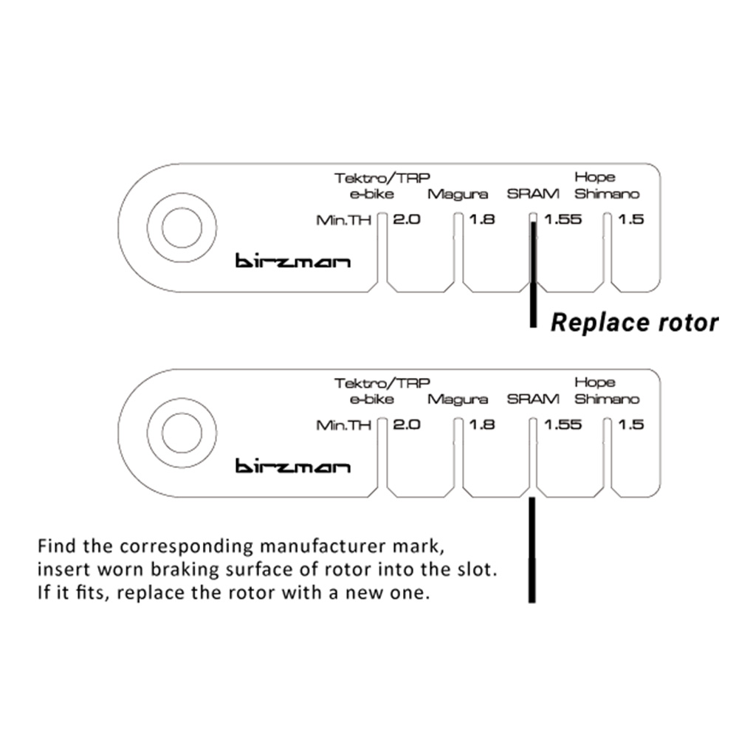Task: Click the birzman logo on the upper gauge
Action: coord(293,261)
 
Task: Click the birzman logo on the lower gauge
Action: coord(293,467)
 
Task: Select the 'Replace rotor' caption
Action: coord(634,323)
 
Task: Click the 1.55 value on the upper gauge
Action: coord(563,219)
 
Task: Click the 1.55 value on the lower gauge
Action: coord(563,425)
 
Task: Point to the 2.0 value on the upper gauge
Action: coord(406,219)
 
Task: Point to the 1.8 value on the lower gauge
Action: coord(481,425)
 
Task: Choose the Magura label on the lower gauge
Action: coord(458,399)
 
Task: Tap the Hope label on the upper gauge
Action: coord(594,177)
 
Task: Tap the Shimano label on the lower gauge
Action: coord(607,399)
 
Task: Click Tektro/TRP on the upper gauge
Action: coord(382,178)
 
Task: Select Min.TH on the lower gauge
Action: coord(343,425)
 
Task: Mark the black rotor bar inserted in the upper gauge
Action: coord(532,273)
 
